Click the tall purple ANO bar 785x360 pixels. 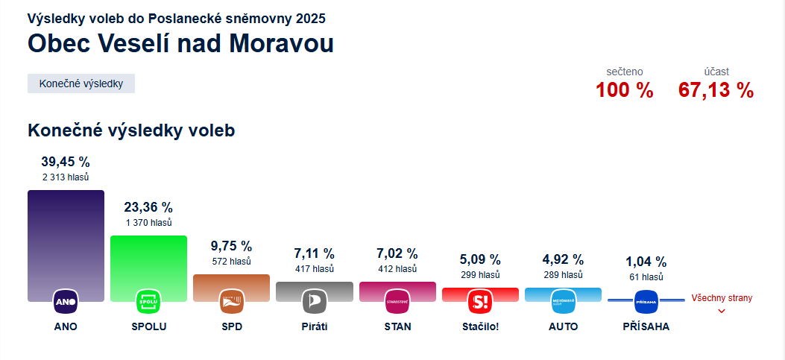(66, 239)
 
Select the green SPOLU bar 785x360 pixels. (148, 261)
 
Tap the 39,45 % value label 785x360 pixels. (66, 162)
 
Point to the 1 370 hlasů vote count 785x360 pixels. (148, 223)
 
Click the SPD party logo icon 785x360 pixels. (231, 302)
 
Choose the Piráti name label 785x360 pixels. (314, 326)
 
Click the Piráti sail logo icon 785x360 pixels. (314, 302)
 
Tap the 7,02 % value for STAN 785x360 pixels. (397, 254)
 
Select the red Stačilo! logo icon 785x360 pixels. (479, 302)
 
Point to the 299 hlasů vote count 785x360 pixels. (479, 275)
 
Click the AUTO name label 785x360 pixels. (563, 326)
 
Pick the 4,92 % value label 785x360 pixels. (563, 260)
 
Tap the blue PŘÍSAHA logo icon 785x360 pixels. (646, 303)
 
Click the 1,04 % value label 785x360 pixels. (646, 262)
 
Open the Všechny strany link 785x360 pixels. (722, 299)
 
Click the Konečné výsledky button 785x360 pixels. (81, 83)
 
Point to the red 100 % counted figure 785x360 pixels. (624, 91)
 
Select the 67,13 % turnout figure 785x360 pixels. (716, 91)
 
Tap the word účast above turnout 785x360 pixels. (716, 72)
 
